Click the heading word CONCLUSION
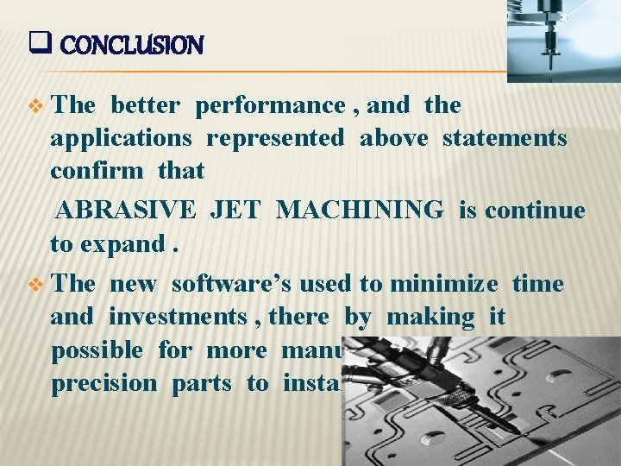pyautogui.click(x=132, y=45)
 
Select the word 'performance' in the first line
pyautogui.click(x=270, y=106)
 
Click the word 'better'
pyautogui.click(x=146, y=106)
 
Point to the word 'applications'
pyautogui.click(x=122, y=139)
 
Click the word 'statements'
pyautogui.click(x=505, y=139)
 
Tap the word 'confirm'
pyautogui.click(x=97, y=171)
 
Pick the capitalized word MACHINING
pyautogui.click(x=361, y=211)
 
